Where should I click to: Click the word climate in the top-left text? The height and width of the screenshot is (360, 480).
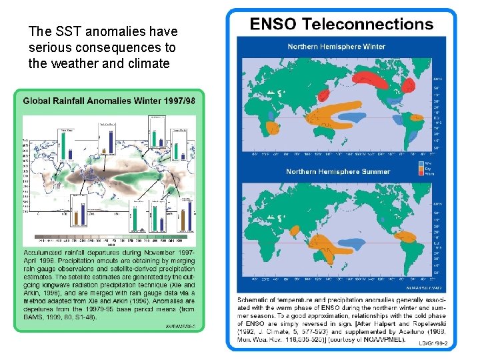pyautogui.click(x=151, y=64)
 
